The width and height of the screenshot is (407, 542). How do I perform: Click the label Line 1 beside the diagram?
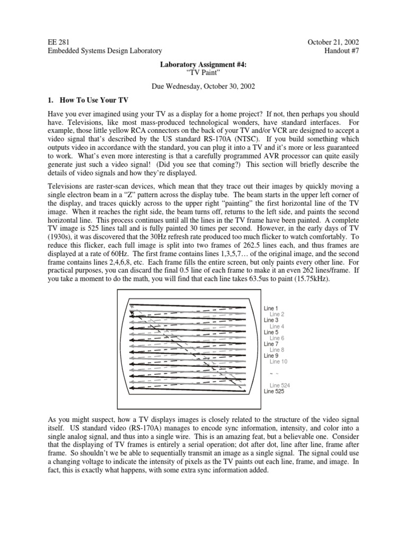pos(271,308)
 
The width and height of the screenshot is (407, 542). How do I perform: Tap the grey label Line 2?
pos(277,314)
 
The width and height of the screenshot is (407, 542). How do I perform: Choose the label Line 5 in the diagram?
pos(271,332)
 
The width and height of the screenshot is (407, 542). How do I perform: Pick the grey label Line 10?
pos(278,362)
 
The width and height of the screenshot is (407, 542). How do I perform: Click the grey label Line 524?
pos(280,386)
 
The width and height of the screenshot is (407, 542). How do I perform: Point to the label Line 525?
pos(274,392)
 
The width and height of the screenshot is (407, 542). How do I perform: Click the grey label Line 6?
pos(277,338)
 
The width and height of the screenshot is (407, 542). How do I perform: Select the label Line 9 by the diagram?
pos(271,356)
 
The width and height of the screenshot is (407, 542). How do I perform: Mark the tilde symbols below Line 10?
pos(274,373)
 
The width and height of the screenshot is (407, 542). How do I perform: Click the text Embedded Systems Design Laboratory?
pos(105,50)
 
